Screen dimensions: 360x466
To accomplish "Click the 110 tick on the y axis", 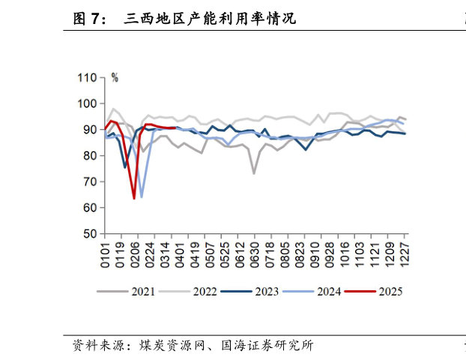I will (88, 78).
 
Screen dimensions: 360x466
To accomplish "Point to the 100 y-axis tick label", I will (88, 103).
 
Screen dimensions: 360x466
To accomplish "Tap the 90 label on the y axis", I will (91, 130).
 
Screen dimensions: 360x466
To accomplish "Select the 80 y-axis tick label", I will (91, 156).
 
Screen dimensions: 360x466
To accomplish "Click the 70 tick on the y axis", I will (91, 181).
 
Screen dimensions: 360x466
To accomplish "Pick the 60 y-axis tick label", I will (91, 208).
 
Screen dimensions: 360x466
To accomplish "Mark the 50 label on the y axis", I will (91, 234).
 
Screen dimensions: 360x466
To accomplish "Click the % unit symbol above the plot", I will (115, 77).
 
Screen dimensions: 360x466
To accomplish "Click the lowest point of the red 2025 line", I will (134, 198).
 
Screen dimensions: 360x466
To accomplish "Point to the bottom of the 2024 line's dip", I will (142, 196).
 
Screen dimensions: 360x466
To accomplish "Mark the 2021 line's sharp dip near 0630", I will (254, 173).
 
